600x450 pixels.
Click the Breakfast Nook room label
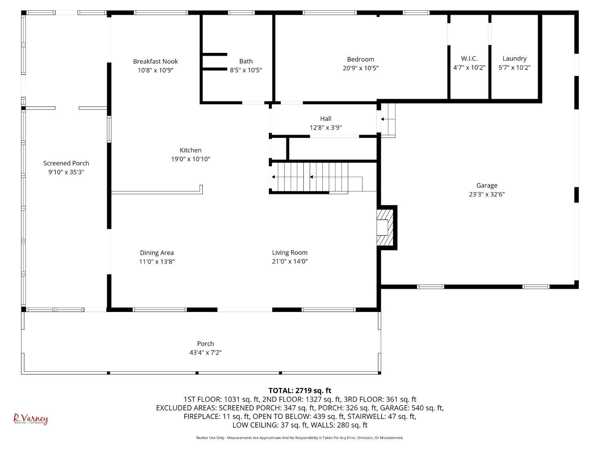pos(155,61)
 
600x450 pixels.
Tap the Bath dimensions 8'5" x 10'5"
pos(246,70)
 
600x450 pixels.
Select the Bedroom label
pos(360,59)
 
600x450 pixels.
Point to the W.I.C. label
pos(469,58)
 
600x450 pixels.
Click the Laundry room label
pos(514,59)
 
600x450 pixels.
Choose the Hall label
pos(326,118)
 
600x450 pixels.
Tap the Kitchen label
pos(190,150)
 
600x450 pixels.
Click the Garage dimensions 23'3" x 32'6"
pos(487,194)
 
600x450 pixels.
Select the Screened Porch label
pos(66,163)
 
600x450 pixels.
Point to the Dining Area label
pos(157,253)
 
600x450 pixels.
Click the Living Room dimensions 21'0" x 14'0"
pos(290,262)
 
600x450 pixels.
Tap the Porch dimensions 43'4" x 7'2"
pos(206,352)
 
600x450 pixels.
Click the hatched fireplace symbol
pos(385,228)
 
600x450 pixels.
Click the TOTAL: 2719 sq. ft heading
pos(300,390)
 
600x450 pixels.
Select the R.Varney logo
pos(31,419)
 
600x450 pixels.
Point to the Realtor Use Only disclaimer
pos(300,438)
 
